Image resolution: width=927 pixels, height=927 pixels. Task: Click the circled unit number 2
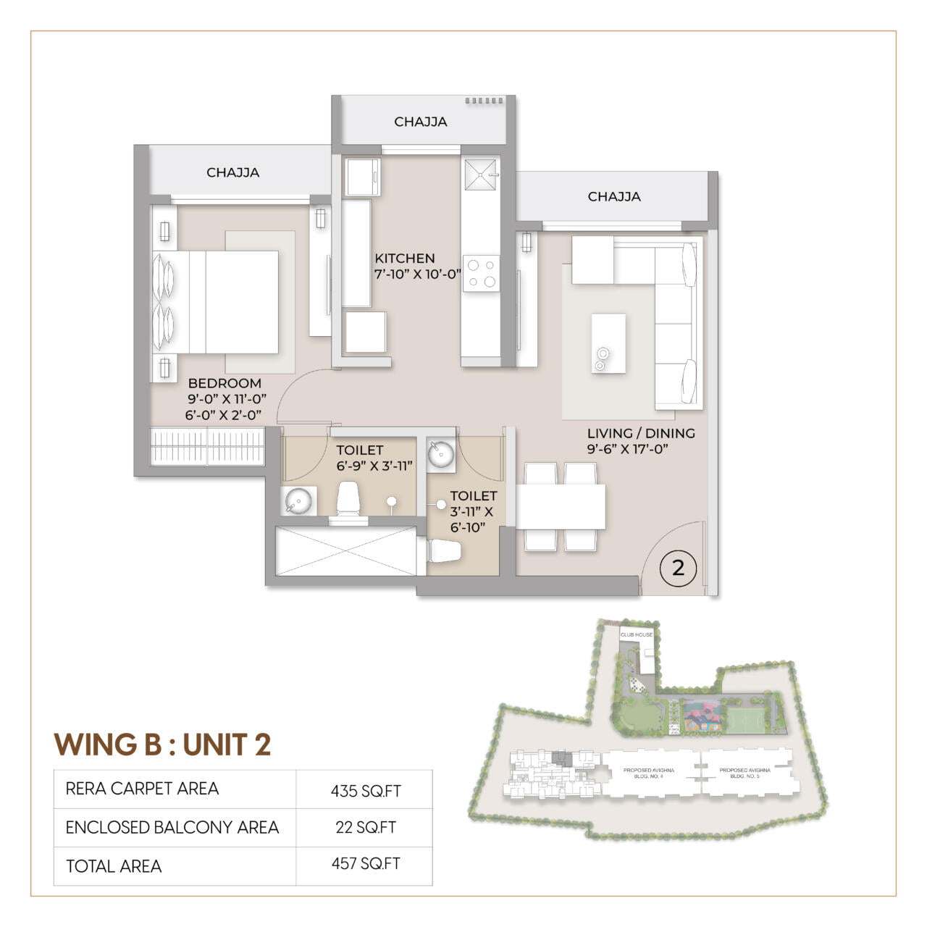coord(678,568)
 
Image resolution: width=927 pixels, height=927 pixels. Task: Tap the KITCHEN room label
coord(405,259)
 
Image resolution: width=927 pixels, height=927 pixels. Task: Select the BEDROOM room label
coord(225,383)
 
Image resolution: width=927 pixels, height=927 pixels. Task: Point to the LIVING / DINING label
coord(641,433)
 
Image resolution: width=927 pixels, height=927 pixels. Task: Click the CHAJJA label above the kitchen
coord(420,122)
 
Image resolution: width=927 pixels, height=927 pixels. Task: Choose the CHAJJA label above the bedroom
coord(232,172)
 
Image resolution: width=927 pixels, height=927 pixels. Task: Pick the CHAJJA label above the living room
coord(613,196)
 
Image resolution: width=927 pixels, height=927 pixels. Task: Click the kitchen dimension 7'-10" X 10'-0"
coord(418,274)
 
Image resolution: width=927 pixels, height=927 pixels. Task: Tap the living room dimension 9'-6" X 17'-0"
coord(627,449)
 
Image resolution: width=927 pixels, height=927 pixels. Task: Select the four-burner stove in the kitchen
coord(481,273)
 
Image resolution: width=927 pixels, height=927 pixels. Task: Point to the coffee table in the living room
coord(608,343)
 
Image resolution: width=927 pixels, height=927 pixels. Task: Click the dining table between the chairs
coord(561,507)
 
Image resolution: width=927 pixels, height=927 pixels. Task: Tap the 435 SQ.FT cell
coord(366,791)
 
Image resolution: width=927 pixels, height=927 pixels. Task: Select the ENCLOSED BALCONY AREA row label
coord(172,828)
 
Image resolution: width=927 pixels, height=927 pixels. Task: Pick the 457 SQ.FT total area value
coord(366,864)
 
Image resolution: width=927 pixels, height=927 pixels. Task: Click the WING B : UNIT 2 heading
coord(163,744)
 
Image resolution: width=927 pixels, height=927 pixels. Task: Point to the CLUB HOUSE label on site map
coord(637,634)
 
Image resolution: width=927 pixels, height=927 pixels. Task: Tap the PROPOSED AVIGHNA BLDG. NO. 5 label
coord(744,773)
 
